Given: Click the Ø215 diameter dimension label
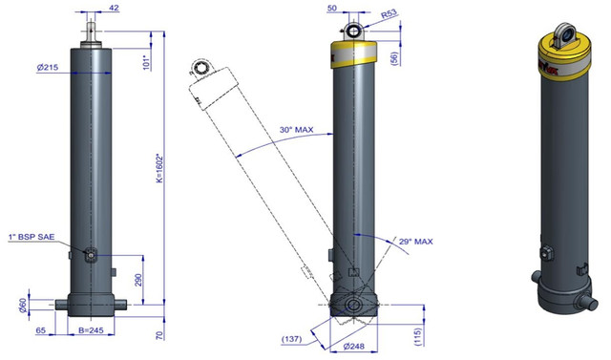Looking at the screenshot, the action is coord(48,67).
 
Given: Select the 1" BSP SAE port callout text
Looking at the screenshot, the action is coord(32,237).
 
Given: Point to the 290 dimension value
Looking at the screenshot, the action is coord(138,280).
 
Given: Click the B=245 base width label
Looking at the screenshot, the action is coord(91,330).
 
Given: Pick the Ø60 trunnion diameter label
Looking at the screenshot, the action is coord(23,305).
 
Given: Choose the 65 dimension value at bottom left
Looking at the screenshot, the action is coord(40,330).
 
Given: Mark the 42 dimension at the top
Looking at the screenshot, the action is coord(115,8).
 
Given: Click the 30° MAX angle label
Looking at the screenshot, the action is coord(296,129).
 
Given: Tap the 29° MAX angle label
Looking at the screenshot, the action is coord(416,242).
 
